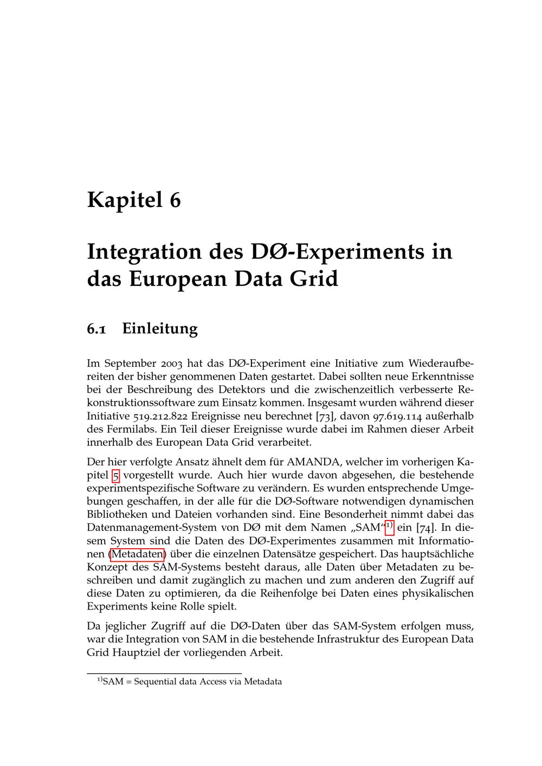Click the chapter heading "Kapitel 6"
[134, 200]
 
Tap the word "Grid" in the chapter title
[314, 279]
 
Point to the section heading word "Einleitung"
[160, 329]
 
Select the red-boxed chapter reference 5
[115, 476]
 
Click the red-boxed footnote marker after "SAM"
[389, 525]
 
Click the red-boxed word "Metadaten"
[137, 554]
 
